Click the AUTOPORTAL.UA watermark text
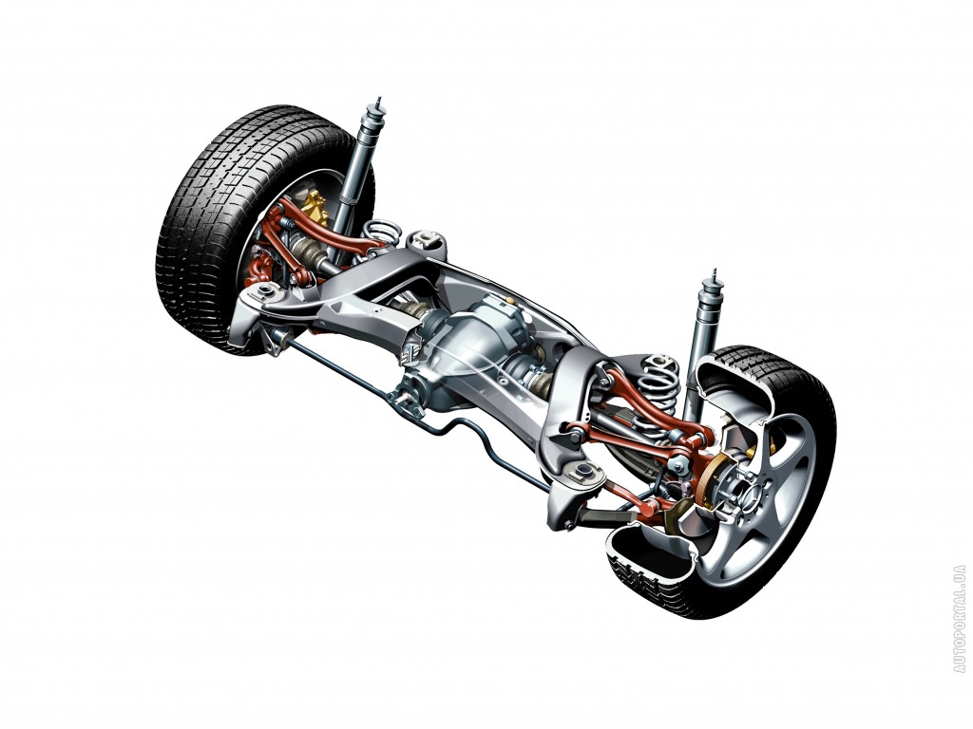click(x=960, y=618)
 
